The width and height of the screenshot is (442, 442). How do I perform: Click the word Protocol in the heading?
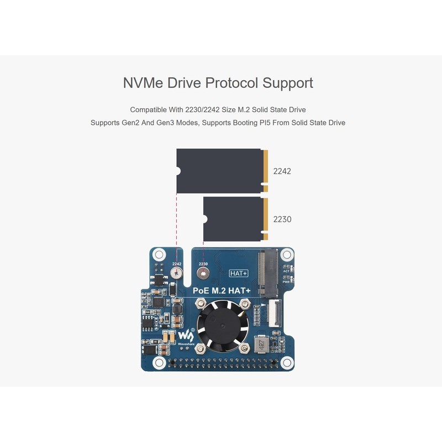pyautogui.click(x=231, y=83)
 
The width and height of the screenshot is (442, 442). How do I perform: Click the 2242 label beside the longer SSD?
pyautogui.click(x=282, y=171)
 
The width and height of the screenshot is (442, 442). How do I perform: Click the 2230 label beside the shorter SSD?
pyautogui.click(x=282, y=219)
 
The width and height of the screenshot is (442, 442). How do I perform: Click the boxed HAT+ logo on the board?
pyautogui.click(x=239, y=273)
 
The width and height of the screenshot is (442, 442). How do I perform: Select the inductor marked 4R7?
pyautogui.click(x=260, y=346)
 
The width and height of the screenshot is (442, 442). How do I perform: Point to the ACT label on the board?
pyautogui.click(x=286, y=271)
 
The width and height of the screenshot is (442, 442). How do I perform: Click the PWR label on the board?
pyautogui.click(x=286, y=281)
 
